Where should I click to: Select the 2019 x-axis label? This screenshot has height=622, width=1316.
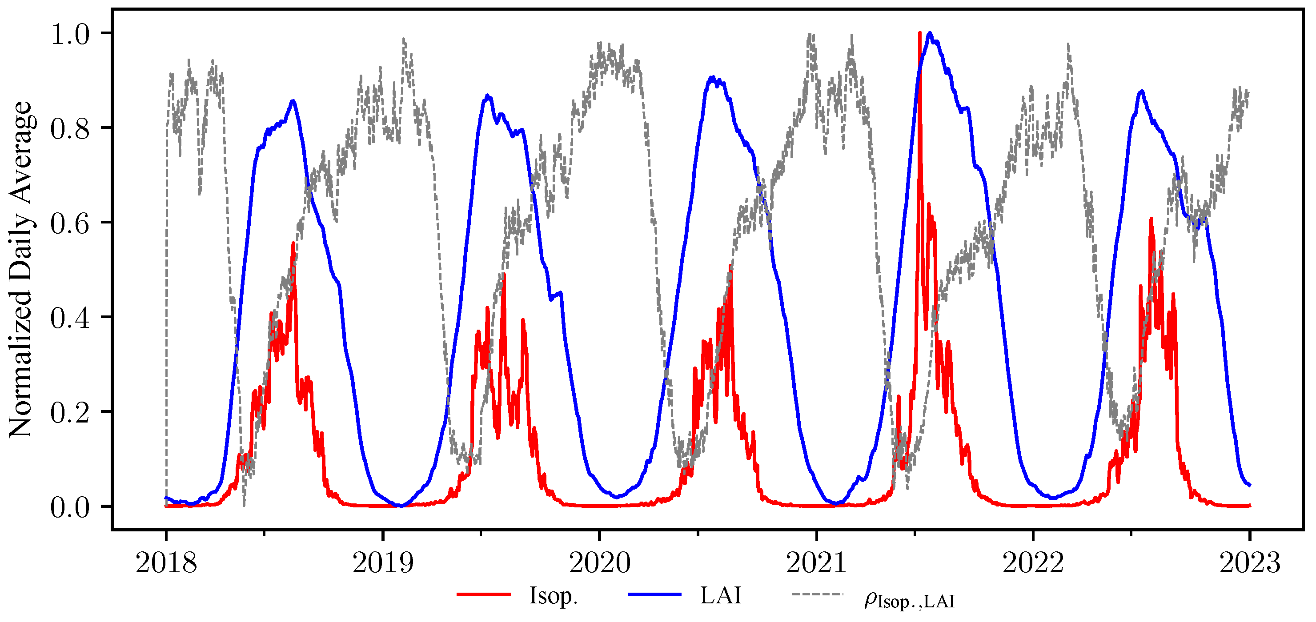pos(383,563)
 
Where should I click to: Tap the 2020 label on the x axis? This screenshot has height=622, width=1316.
pos(599,563)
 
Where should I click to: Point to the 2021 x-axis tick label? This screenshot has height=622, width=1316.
pos(816,563)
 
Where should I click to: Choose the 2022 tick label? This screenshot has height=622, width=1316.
pos(1032,563)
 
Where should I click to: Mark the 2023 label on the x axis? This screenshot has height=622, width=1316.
pos(1250,563)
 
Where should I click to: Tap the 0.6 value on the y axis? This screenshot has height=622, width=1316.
pos(69,223)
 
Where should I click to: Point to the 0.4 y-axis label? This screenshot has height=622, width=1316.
pos(69,318)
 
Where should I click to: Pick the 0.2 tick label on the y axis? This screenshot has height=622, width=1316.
pos(69,412)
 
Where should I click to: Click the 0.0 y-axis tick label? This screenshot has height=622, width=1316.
pos(69,507)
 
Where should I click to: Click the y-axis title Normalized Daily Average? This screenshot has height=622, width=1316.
pos(20,269)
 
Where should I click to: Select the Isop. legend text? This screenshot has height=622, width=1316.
pos(553,595)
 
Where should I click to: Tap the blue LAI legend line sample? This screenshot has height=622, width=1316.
pos(654,594)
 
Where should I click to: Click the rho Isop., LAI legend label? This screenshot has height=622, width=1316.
pos(909,599)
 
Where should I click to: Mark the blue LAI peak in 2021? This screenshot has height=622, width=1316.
pos(930,33)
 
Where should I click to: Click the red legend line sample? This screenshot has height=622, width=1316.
pos(483,594)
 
